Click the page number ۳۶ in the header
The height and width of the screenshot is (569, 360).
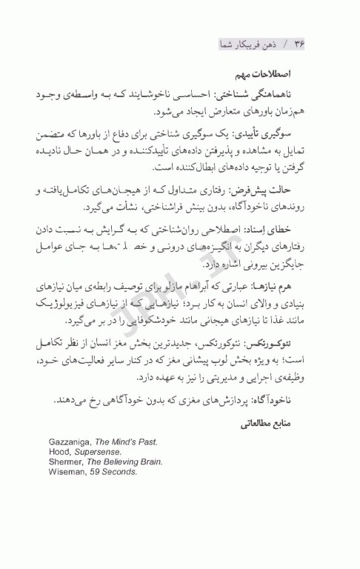pyautogui.click(x=299, y=45)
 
